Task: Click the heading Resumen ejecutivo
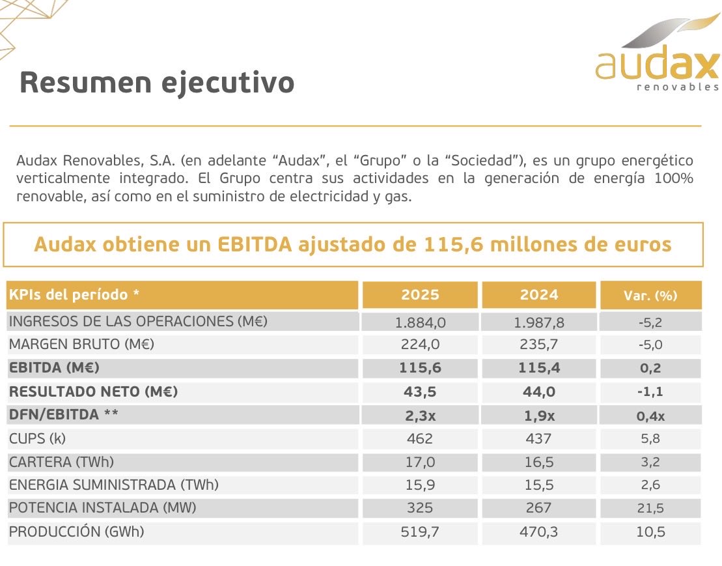coord(157,83)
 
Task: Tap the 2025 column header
coord(420,295)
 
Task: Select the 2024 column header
coord(539,295)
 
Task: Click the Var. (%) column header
coord(650,296)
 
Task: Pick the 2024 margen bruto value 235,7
coord(539,345)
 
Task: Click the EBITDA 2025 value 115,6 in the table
coord(420,368)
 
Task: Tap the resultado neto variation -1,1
coord(650,391)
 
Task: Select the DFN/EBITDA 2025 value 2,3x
coord(420,415)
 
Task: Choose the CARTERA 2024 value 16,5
coord(539,462)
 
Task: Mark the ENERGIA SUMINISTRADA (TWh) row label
coord(113,485)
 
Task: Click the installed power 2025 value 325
coord(420,508)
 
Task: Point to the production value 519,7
coord(420,532)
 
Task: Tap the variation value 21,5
coord(650,508)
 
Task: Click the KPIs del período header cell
coord(74,295)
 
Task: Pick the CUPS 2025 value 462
coord(420,438)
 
